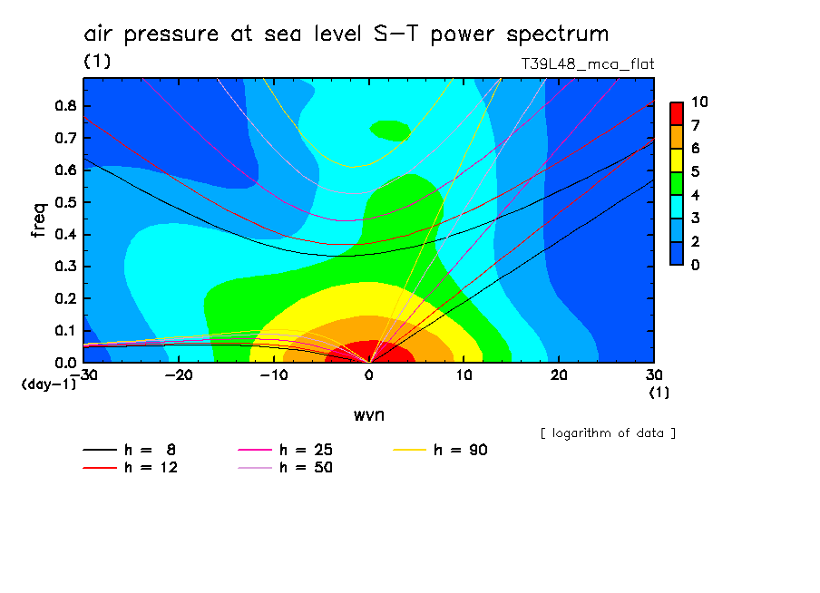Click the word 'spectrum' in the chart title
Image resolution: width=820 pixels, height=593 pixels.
[x=557, y=34]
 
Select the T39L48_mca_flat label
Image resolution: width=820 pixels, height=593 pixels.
[x=587, y=63]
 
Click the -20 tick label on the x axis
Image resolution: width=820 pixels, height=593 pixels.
[x=179, y=374]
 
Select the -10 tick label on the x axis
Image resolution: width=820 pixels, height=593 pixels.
[x=274, y=374]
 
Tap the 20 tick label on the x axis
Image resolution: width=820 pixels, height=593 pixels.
[x=559, y=374]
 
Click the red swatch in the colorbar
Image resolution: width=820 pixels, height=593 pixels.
[x=676, y=112]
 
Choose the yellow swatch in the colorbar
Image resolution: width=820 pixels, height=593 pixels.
[x=676, y=160]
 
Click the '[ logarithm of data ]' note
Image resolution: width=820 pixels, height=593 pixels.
[x=607, y=433]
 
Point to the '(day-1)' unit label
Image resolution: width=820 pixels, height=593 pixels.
[x=48, y=384]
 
